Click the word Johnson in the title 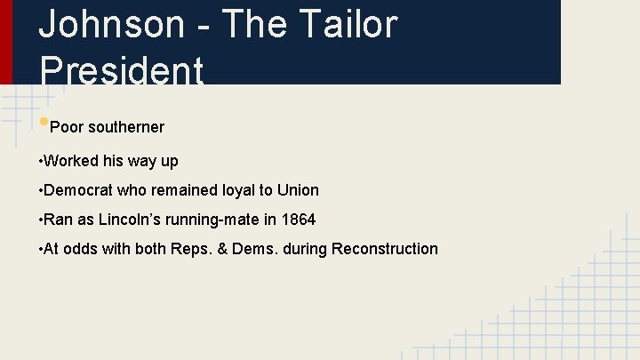[112, 24]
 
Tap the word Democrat [79, 190]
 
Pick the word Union [298, 190]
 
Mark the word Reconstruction [384, 249]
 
